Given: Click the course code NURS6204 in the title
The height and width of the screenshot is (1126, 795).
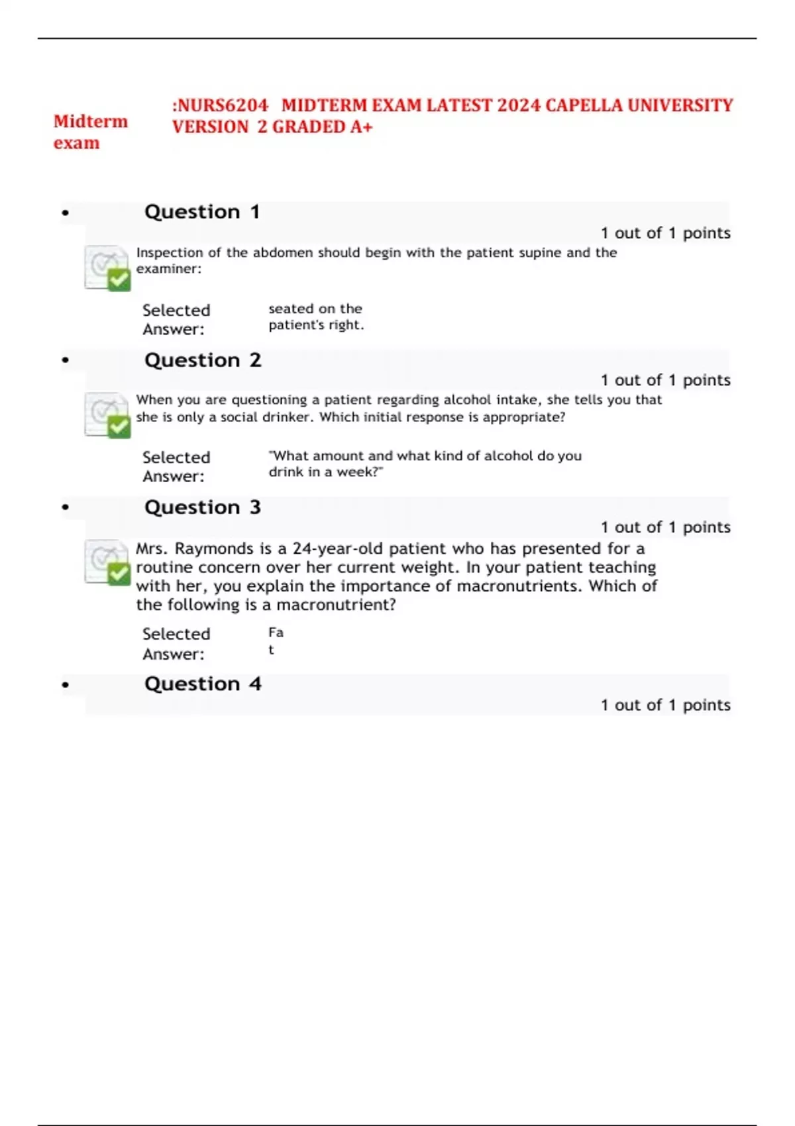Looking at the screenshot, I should [x=222, y=106].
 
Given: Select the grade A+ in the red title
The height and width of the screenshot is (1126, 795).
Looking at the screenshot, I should [x=362, y=127].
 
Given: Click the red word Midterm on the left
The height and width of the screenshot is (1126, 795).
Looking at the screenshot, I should [x=91, y=122].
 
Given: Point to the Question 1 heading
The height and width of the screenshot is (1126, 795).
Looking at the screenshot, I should [x=202, y=212].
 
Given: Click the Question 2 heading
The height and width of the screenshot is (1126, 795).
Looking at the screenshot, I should [x=203, y=360].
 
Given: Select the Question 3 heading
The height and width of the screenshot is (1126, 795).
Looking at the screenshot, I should [x=203, y=507].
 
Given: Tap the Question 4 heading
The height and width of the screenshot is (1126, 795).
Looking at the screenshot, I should [x=203, y=684].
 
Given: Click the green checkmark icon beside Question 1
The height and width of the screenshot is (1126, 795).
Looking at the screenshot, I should [x=119, y=280].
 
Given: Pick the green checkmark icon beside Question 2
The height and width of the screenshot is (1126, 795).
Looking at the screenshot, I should [x=119, y=427].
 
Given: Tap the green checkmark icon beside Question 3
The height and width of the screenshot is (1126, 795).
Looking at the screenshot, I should [x=119, y=574].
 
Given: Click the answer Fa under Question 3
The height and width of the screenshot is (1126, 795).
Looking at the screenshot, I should [x=276, y=633].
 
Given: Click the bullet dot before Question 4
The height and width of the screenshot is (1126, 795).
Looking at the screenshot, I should [x=65, y=685].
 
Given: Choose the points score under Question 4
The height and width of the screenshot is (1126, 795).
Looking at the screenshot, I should [x=665, y=705].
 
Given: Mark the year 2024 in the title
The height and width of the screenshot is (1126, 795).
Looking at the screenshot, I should [x=519, y=106].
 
